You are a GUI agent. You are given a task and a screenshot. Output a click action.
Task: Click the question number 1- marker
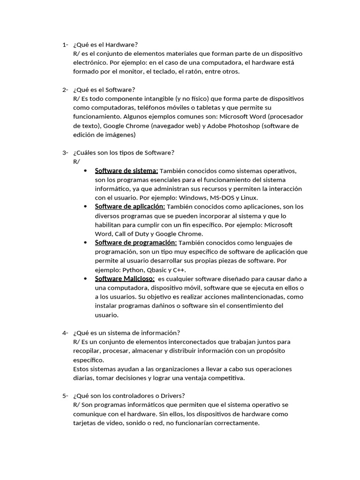click(x=65, y=45)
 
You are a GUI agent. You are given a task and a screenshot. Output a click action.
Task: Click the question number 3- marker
click(x=65, y=152)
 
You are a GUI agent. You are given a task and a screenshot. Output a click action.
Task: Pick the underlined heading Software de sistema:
click(x=126, y=171)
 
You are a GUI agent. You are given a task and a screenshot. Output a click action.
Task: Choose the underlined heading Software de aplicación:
click(x=129, y=206)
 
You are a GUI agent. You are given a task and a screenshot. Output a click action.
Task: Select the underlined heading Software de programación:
click(x=135, y=242)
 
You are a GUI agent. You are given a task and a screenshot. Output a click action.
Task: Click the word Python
click(x=134, y=270)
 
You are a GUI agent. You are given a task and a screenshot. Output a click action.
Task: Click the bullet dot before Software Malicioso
click(x=85, y=278)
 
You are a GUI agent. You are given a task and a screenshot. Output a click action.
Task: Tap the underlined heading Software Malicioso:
click(x=125, y=278)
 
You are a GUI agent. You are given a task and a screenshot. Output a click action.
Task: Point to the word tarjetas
click(x=85, y=423)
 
